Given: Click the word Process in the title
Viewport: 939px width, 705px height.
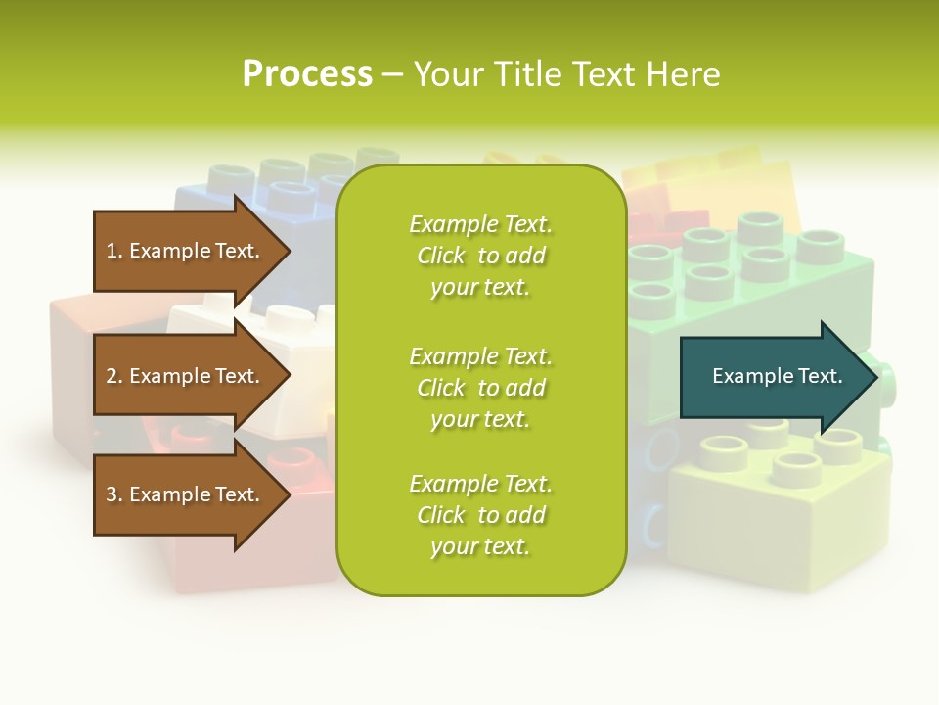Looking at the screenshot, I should [307, 74].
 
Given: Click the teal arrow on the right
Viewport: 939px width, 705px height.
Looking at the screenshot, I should [773, 376].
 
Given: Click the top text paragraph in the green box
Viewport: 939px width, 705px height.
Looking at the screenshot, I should [480, 256].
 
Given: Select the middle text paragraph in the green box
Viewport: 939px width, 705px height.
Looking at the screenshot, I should [480, 388].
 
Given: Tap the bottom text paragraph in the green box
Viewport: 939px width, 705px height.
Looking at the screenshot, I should [480, 515].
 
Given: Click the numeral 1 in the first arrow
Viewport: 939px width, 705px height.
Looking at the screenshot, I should [112, 251].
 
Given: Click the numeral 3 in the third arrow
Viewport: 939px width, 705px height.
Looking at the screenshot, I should [112, 494].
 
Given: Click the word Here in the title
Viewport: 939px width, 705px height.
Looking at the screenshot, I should [686, 74].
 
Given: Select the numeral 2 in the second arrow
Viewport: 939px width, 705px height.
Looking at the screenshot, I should [112, 376].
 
